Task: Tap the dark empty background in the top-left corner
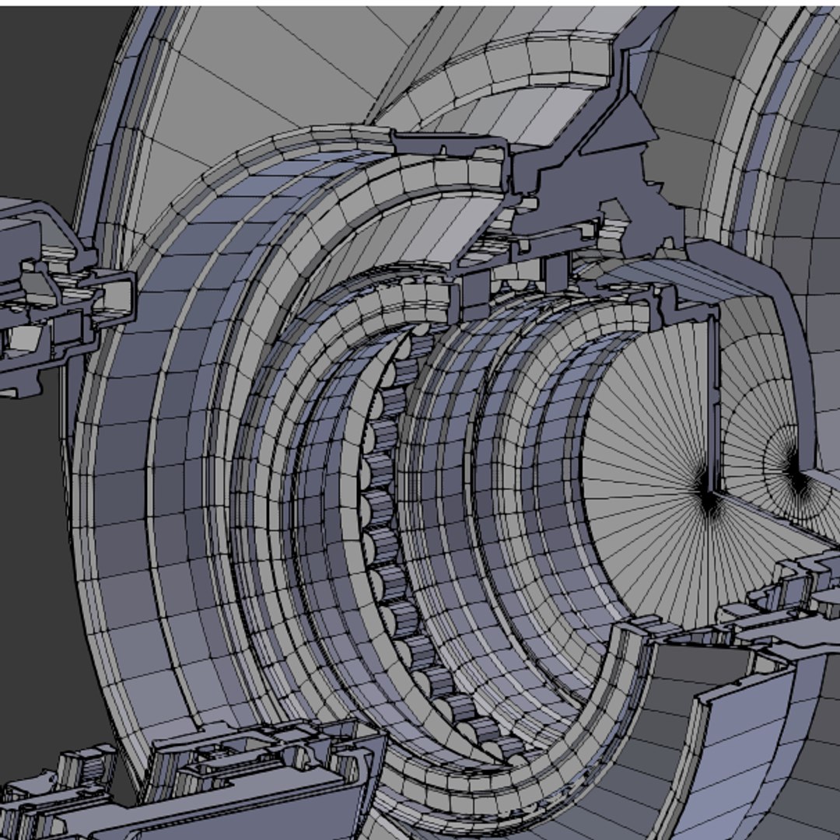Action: click(47, 78)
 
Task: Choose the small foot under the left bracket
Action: click(31, 385)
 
